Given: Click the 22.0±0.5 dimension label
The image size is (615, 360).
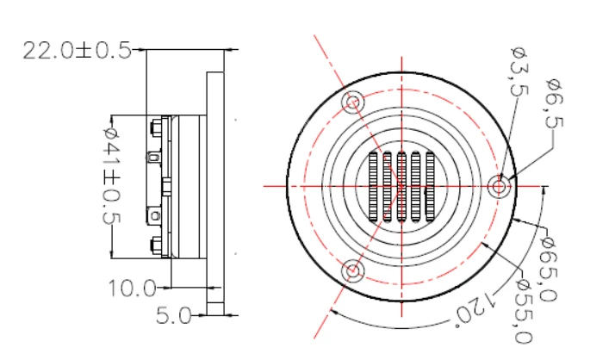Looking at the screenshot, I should tap(77, 51).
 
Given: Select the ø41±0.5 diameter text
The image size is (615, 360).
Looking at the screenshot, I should tap(112, 186).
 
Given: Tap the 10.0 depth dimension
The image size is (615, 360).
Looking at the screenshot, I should tap(130, 288).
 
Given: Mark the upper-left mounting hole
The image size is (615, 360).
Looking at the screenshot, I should tap(352, 102).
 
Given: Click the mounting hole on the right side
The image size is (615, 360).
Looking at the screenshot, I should tap(499, 186).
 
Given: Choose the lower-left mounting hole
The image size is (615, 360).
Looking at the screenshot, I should tap(352, 271).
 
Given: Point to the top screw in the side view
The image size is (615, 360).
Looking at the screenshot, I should tap(155, 128).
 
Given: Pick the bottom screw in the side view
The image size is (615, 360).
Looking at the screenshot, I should tap(155, 245).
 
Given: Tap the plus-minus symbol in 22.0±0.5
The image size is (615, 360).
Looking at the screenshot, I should tap(85, 51).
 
